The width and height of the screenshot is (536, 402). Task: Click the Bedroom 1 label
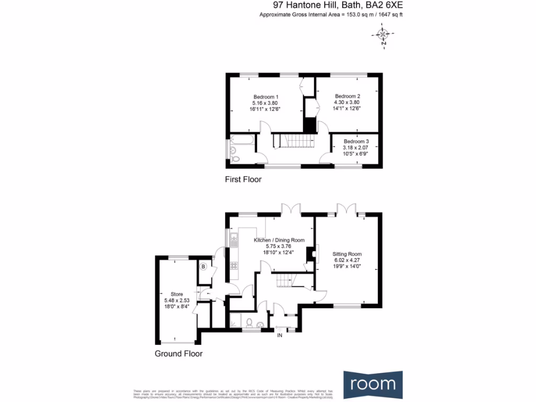[265, 97]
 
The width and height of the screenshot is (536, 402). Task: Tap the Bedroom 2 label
[348, 96]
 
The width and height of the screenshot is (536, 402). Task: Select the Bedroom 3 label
[356, 141]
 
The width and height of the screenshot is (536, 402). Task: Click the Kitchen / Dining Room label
[279, 240]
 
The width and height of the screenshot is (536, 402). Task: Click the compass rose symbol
[382, 35]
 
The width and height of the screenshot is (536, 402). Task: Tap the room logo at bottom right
[373, 384]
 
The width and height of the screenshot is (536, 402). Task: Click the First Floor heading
[243, 180]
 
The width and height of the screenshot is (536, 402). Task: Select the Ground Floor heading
[178, 354]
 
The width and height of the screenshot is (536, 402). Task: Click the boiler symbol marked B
[203, 266]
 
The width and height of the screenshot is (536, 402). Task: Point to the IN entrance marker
[280, 335]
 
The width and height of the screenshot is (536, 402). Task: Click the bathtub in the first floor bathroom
[243, 140]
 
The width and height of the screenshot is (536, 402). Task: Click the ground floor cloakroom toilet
[250, 322]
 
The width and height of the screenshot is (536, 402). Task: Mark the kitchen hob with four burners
[233, 264]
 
